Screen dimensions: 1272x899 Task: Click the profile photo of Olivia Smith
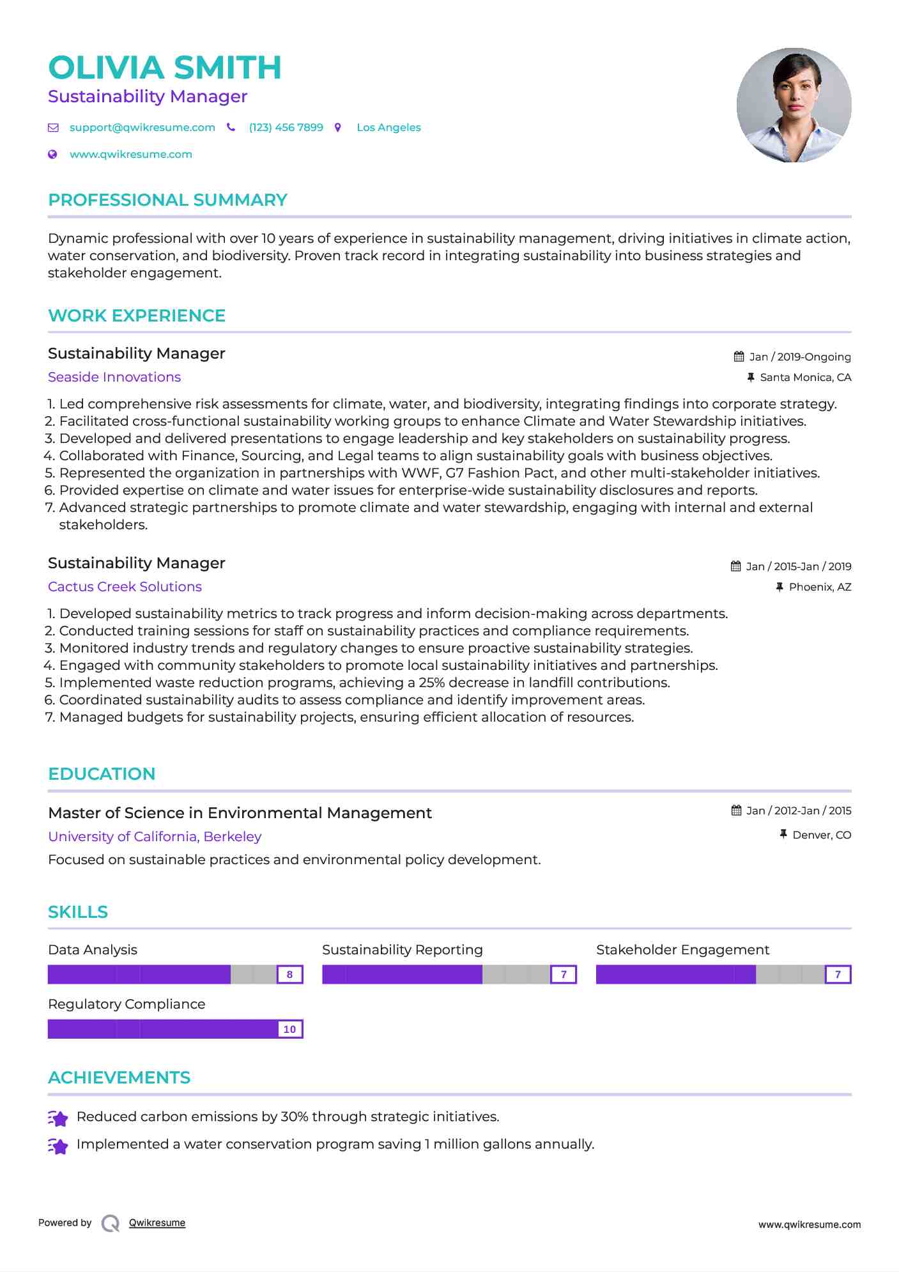tap(794, 105)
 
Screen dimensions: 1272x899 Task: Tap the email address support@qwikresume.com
tap(142, 127)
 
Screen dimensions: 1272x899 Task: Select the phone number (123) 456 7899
tap(286, 127)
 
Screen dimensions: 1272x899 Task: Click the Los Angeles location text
tap(388, 127)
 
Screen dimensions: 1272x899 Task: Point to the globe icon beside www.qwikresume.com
tap(53, 154)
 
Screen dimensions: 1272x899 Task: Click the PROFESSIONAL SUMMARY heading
tap(167, 200)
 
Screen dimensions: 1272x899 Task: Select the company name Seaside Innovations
tap(114, 377)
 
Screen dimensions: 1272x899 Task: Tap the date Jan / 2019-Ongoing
tap(800, 357)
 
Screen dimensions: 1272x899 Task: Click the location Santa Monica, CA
tap(805, 377)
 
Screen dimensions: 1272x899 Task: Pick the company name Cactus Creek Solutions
tap(125, 587)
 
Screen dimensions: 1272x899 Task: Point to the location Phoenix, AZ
tap(820, 587)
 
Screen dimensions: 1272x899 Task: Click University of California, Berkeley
tap(155, 837)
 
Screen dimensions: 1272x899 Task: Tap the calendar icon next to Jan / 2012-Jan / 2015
tap(737, 811)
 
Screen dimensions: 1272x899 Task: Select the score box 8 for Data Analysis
tap(289, 975)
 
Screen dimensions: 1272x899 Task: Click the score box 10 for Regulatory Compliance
tap(289, 1029)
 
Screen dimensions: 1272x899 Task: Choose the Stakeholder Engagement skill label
tap(682, 950)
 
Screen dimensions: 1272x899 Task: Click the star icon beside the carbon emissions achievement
tap(58, 1118)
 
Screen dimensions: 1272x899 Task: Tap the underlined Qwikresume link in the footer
tap(157, 1223)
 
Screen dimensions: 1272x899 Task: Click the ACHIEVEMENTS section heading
tap(119, 1078)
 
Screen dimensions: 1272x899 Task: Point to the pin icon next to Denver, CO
tap(783, 834)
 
